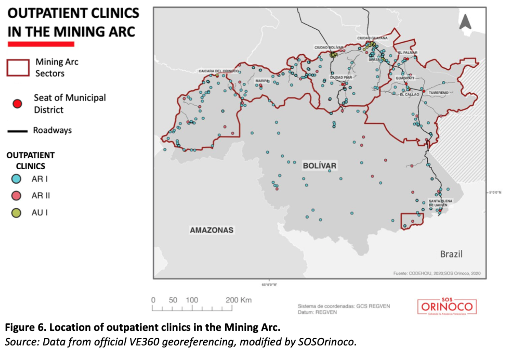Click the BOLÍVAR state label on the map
click(x=320, y=166)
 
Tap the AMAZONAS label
click(x=211, y=230)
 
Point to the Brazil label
click(x=451, y=254)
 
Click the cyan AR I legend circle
click(x=17, y=179)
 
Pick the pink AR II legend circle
click(x=17, y=196)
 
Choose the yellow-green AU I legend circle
click(x=17, y=213)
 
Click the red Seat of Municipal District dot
click(x=17, y=104)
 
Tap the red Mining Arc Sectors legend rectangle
click(x=18, y=67)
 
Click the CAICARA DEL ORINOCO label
click(x=218, y=71)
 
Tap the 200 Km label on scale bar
click(x=238, y=300)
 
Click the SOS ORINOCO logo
click(x=447, y=307)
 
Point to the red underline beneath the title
click(x=41, y=43)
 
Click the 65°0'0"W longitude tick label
click(x=269, y=284)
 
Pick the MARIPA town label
click(x=262, y=81)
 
